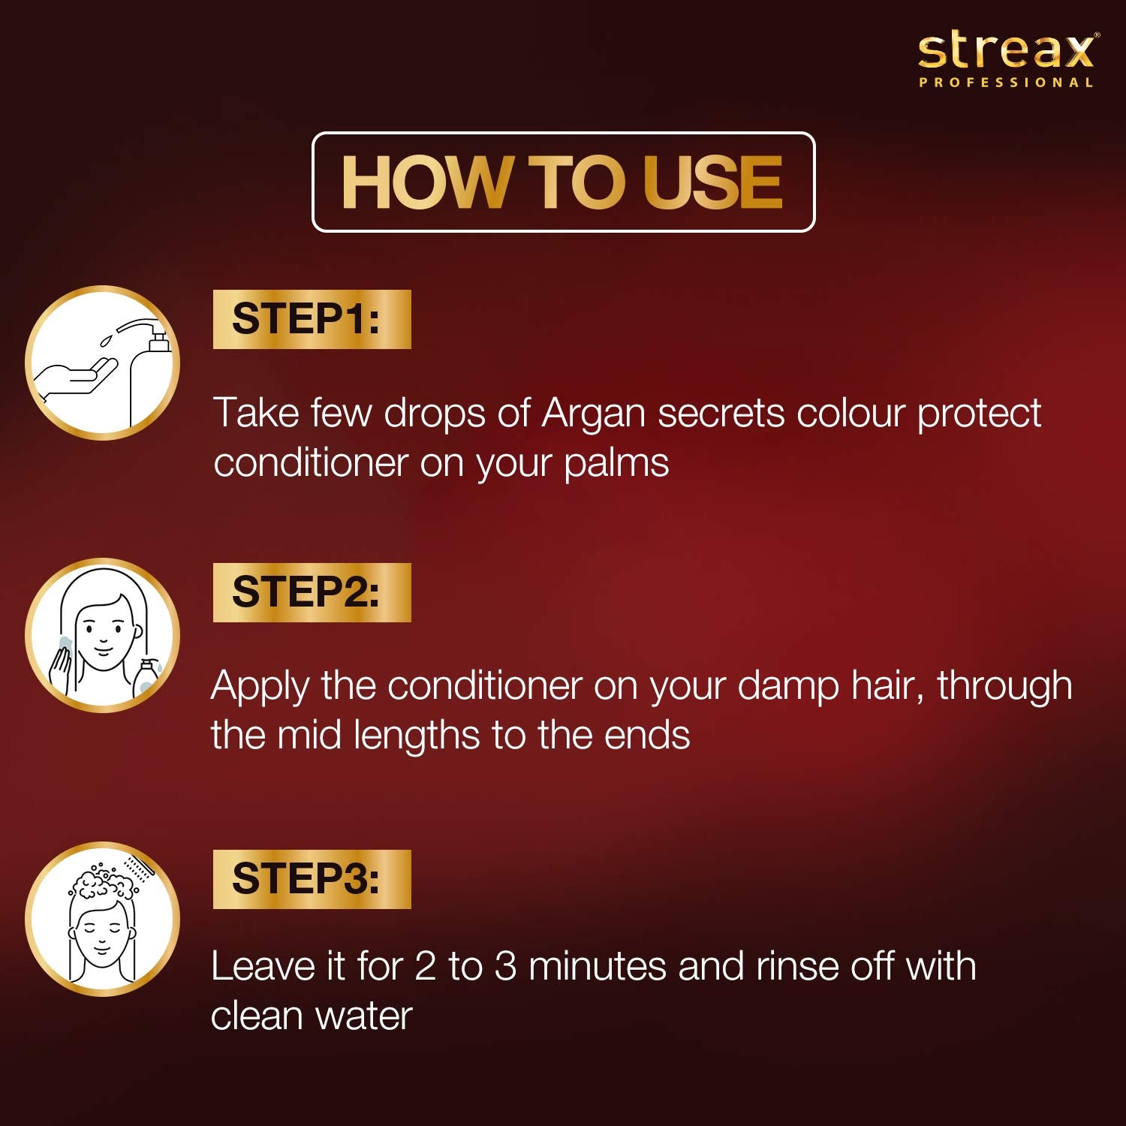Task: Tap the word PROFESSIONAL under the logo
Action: [1006, 83]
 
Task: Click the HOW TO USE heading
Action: [562, 182]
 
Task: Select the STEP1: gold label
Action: [312, 319]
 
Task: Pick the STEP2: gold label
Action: [312, 592]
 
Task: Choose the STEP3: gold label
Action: [312, 879]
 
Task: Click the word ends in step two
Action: [647, 735]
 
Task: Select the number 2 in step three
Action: [425, 966]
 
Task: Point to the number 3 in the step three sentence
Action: [505, 966]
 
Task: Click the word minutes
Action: [598, 966]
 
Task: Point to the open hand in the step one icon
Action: [75, 378]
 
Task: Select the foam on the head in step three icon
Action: [102, 883]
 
